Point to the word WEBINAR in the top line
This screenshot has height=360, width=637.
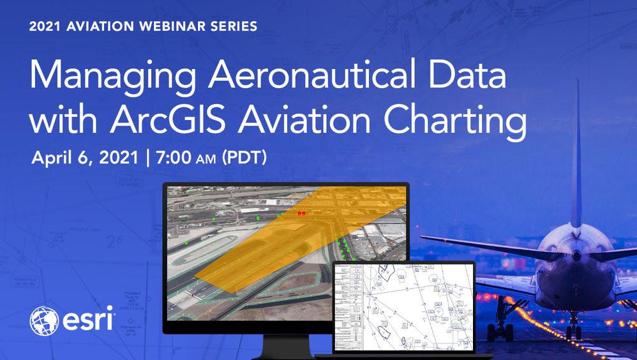[x=156, y=27]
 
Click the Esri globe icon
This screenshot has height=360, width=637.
[x=43, y=321]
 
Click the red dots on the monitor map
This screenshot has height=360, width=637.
[x=301, y=213]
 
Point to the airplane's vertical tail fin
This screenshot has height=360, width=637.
[x=577, y=160]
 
